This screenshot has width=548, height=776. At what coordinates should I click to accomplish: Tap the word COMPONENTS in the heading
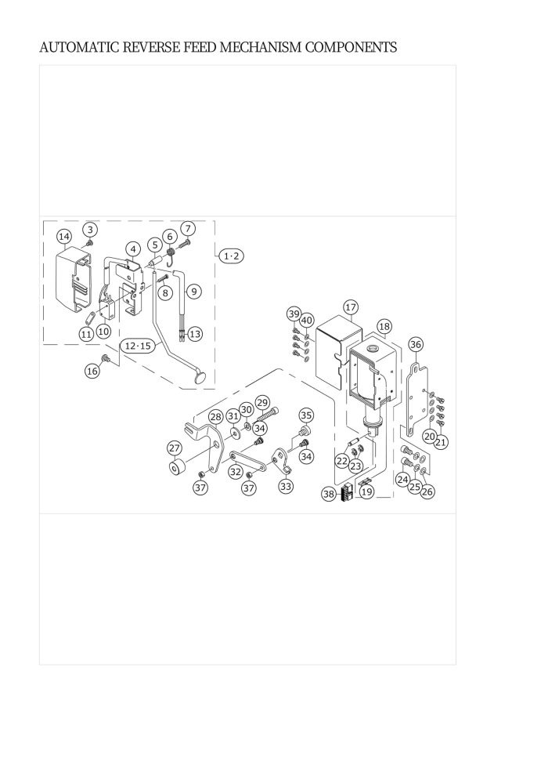point(351,48)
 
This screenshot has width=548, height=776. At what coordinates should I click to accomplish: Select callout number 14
point(64,237)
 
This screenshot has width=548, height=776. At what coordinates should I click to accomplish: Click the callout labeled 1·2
point(231,256)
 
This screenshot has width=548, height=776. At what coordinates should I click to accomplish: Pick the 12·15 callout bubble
point(138,346)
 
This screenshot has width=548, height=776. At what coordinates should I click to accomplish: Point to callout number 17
point(351,307)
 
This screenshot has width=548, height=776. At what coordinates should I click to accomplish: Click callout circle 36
point(416,344)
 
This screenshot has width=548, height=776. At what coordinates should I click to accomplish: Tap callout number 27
point(175,448)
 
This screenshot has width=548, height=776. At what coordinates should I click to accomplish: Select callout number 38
point(329,493)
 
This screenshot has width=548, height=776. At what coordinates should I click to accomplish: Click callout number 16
point(92,371)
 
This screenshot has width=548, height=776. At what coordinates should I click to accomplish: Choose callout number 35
point(306,415)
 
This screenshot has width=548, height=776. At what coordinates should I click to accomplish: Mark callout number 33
point(286,486)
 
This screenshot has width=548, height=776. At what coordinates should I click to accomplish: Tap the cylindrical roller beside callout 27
point(178,467)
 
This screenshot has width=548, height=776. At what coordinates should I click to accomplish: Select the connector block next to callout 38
point(346,491)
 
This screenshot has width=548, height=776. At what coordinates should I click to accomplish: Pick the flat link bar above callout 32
point(247,461)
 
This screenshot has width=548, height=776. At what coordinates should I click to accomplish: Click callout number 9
point(194,291)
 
